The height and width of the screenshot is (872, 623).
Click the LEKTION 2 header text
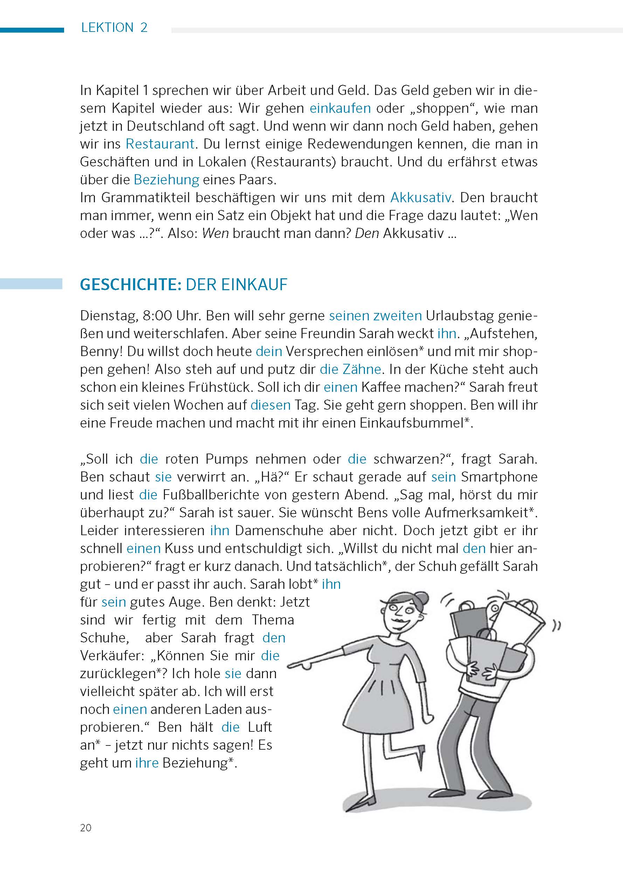click(x=114, y=28)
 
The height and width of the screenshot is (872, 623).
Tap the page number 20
click(x=86, y=827)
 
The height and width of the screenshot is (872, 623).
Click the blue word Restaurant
click(x=160, y=144)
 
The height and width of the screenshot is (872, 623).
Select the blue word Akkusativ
click(x=421, y=197)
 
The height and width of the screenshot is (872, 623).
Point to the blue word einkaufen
click(x=340, y=108)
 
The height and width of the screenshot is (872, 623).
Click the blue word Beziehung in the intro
click(x=166, y=180)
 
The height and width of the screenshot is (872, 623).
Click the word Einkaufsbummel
click(x=411, y=423)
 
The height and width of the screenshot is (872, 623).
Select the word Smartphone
click(x=499, y=477)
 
